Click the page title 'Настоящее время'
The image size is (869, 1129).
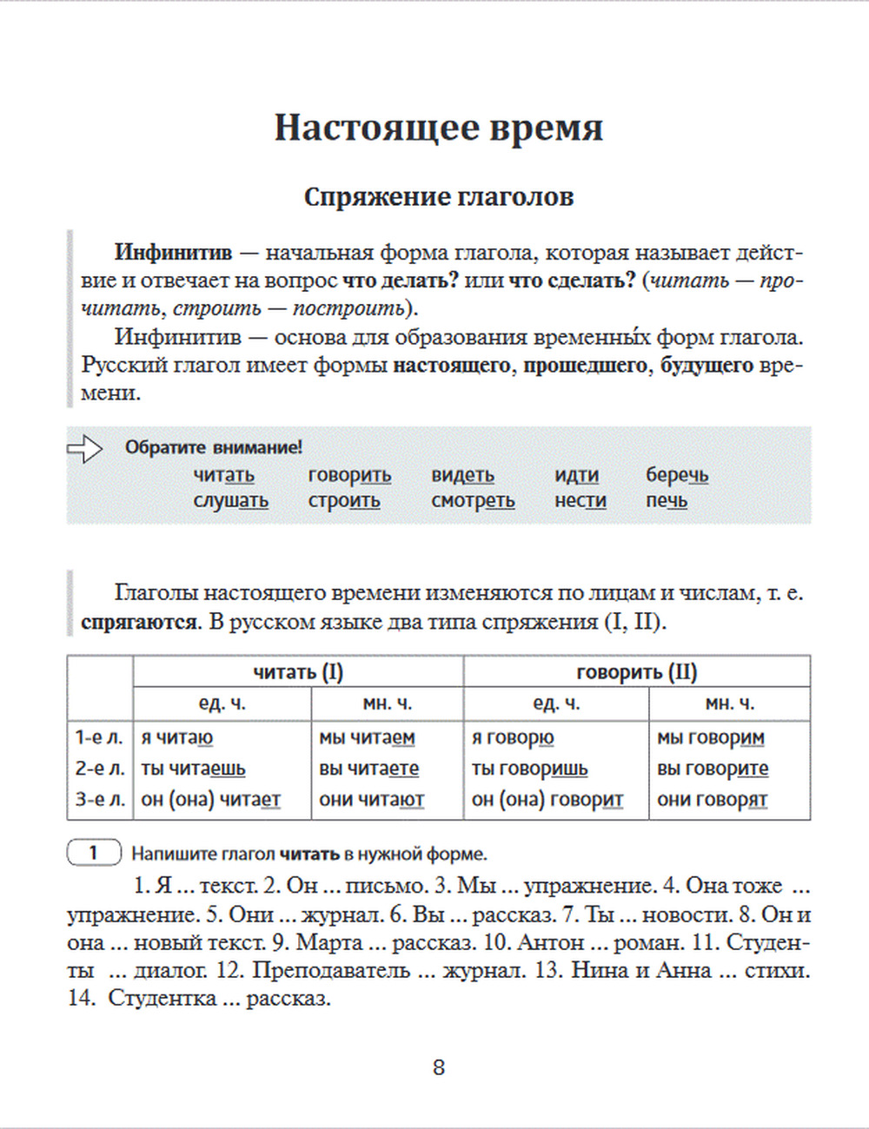[438, 127]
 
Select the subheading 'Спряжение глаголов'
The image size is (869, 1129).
[438, 197]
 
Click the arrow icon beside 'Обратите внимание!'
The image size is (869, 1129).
[84, 448]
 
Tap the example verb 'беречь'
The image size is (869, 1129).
[676, 475]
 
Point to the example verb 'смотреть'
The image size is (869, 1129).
[473, 501]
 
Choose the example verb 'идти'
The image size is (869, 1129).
[576, 475]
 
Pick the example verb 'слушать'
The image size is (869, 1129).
[230, 501]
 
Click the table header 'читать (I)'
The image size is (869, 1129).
[298, 671]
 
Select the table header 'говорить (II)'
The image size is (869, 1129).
[636, 671]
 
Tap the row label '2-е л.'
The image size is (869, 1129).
[99, 769]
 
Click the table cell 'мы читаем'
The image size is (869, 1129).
[367, 738]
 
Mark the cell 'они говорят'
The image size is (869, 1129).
[712, 800]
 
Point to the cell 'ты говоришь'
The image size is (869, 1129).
[529, 769]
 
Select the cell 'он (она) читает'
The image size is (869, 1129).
[210, 800]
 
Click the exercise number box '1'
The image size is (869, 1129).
[94, 853]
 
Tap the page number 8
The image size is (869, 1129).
[439, 1067]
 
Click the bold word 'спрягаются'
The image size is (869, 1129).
[139, 623]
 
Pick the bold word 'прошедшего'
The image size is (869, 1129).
[585, 366]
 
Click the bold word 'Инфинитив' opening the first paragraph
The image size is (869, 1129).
[173, 254]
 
